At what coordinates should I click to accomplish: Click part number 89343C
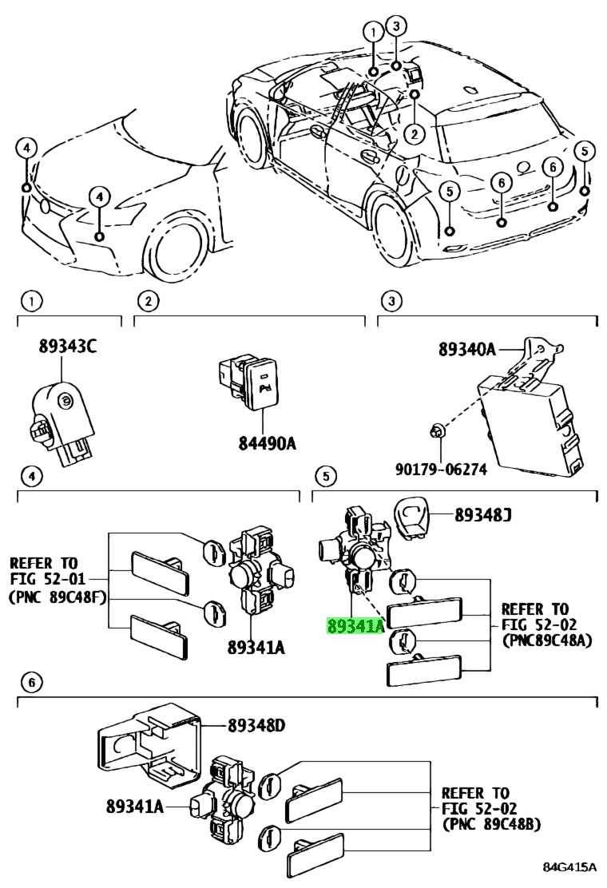click(67, 346)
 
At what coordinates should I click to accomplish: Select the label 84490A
click(267, 443)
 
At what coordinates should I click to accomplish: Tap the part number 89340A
click(466, 350)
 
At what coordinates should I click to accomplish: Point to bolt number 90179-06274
click(441, 469)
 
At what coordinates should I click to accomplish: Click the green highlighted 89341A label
click(355, 626)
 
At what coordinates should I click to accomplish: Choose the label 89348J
click(483, 515)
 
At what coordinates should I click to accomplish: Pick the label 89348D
click(256, 725)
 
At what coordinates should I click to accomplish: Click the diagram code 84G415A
click(569, 867)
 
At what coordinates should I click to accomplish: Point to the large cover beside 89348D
click(150, 740)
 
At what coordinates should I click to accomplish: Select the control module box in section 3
click(530, 423)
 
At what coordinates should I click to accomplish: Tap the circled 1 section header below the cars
click(31, 300)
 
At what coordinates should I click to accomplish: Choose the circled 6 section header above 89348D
click(31, 683)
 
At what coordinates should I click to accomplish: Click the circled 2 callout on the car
click(415, 133)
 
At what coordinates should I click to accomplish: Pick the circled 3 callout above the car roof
click(396, 26)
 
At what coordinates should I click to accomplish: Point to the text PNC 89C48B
click(491, 824)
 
